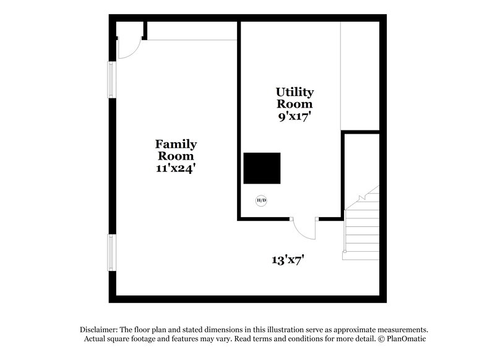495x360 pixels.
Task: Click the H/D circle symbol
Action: (x=262, y=200)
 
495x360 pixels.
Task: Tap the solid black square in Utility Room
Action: (x=262, y=168)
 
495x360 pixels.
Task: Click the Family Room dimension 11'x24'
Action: (x=176, y=168)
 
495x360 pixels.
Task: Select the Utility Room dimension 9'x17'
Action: (x=294, y=116)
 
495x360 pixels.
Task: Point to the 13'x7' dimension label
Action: (x=287, y=259)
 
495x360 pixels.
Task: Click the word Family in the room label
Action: (x=176, y=144)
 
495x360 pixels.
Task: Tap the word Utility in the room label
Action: (x=295, y=92)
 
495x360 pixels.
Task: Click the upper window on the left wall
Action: (x=112, y=80)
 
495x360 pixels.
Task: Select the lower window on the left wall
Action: (x=112, y=252)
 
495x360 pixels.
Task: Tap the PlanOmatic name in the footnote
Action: (x=406, y=339)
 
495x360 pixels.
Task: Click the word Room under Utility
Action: (x=295, y=104)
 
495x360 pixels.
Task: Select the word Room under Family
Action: (x=176, y=156)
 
